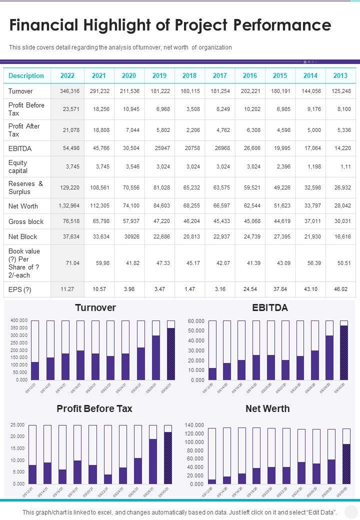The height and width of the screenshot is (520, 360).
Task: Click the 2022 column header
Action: click(x=67, y=75)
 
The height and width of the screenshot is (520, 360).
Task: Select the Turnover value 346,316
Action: click(x=69, y=91)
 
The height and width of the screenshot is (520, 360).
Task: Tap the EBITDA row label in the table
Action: click(x=20, y=148)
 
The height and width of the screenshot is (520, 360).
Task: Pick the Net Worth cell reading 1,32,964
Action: click(x=69, y=206)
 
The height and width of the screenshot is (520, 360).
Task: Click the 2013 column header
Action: click(x=340, y=75)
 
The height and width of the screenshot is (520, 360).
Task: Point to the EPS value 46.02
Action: click(x=340, y=289)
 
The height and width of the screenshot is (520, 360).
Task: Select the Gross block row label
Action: click(x=26, y=221)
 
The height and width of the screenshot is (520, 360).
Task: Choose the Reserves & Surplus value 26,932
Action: click(x=340, y=187)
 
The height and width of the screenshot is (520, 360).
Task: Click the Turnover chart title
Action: click(x=95, y=307)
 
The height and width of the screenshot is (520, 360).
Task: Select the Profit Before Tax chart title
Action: click(x=94, y=408)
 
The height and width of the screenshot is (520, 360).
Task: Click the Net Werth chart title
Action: click(x=267, y=408)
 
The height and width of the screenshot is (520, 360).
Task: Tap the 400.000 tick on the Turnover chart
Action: click(x=18, y=320)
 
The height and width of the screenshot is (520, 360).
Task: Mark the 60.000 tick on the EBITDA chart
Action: click(x=196, y=320)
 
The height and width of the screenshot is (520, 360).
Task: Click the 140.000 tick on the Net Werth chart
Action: click(x=194, y=424)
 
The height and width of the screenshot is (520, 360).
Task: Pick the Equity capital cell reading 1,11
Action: click(x=343, y=166)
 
